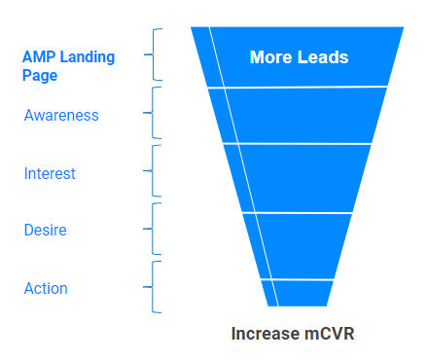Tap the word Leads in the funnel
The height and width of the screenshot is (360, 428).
point(322,57)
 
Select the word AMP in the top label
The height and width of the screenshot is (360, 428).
point(38,56)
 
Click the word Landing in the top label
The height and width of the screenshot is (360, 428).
point(88,56)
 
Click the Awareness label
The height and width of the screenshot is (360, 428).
point(61,115)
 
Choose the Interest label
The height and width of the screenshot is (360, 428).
point(50,173)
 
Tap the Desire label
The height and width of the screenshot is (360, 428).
point(45,231)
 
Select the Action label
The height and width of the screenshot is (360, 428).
point(46,289)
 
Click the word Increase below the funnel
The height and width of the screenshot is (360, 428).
point(264,334)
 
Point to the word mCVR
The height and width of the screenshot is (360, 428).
point(327,334)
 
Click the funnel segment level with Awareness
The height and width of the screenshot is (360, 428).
point(302,116)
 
